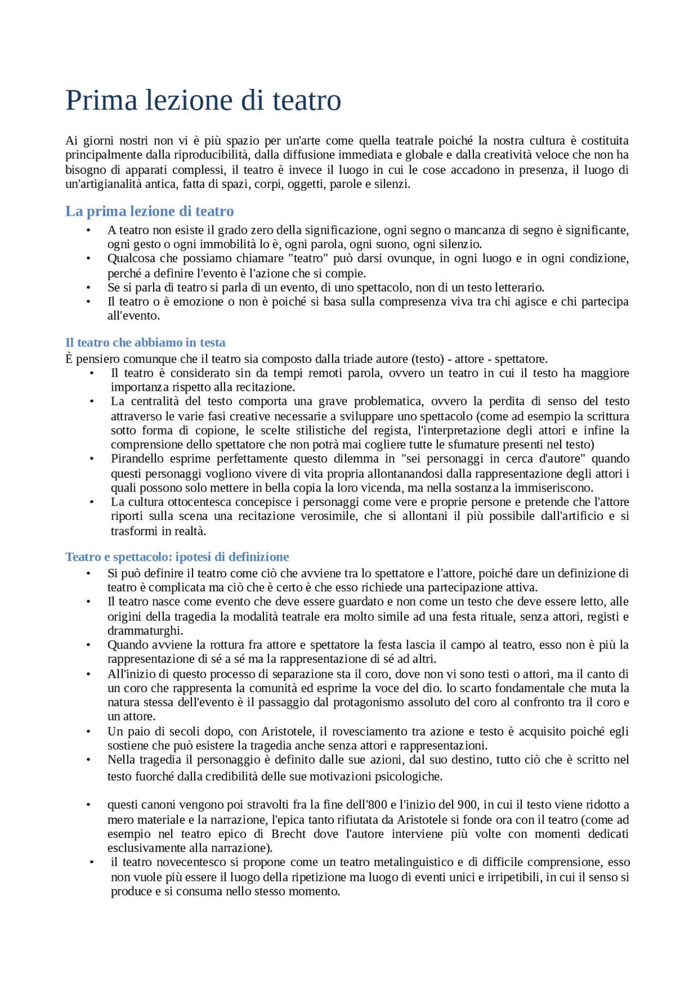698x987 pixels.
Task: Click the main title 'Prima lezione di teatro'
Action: click(x=203, y=101)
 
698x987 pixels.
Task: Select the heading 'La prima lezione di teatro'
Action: click(x=149, y=211)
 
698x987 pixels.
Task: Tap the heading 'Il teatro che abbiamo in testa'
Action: click(x=145, y=343)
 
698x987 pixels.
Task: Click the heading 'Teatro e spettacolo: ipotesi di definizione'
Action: click(x=177, y=557)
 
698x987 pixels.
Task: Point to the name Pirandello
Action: click(x=137, y=459)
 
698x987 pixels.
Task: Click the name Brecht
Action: click(x=288, y=834)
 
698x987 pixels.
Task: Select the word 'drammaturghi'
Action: click(x=145, y=631)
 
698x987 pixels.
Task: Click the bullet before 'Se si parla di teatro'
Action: click(x=88, y=288)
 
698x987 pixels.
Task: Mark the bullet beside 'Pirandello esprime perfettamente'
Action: click(x=92, y=459)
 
